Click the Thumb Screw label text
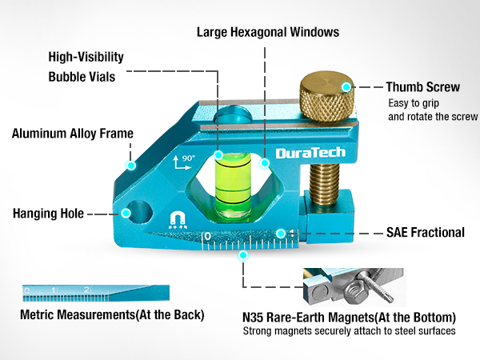422,87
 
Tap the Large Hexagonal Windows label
268,32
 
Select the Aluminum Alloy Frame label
73,134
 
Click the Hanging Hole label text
48,214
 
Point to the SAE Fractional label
426,232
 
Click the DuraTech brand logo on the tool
310,153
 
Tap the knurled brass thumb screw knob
326,97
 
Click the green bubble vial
233,184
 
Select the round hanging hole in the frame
139,212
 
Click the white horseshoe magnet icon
178,221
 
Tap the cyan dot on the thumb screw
346,87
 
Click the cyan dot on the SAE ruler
281,234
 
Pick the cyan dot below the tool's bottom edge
243,255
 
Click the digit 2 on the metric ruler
86,290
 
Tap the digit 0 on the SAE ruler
207,237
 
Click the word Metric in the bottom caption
38,314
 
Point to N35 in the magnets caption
253,318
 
